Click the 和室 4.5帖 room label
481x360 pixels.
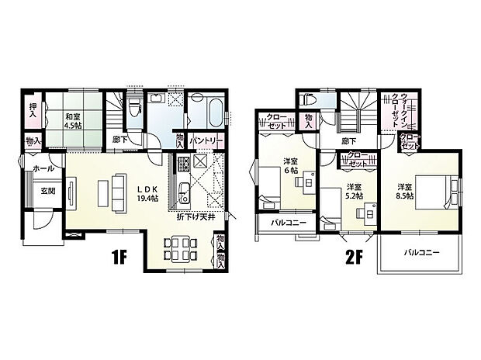coord(73,121)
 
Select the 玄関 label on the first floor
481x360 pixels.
coord(48,191)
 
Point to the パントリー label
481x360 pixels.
coord(206,141)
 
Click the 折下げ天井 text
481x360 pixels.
coord(196,217)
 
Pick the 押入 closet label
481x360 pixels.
coord(33,110)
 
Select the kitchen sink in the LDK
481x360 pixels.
coord(185,192)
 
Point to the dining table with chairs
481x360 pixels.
coord(180,249)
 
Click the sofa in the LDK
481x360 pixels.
coord(119,192)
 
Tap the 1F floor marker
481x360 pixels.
coord(119,259)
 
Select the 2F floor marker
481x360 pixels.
coord(354,259)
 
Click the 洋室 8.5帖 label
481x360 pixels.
coord(405,191)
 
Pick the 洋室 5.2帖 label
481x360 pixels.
coord(355,191)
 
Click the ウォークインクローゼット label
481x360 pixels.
coord(400,110)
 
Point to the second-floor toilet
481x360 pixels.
coord(306,99)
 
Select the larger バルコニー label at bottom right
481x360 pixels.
coord(421,253)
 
